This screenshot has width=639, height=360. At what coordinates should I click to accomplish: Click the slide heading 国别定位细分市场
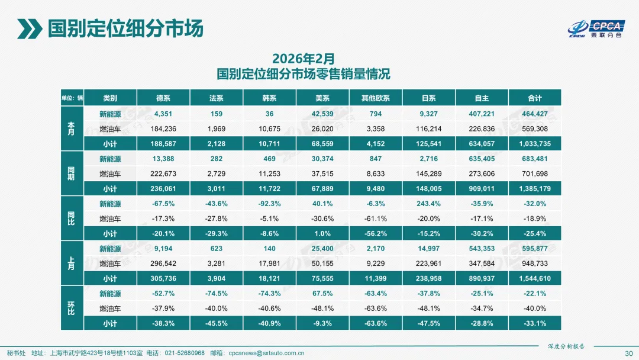[125, 28]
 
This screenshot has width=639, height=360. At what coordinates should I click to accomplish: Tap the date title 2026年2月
[303, 59]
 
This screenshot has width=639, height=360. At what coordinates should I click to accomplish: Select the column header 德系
[163, 98]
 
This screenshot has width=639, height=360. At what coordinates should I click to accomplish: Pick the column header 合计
[534, 98]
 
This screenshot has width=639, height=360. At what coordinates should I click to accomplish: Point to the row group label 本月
[72, 128]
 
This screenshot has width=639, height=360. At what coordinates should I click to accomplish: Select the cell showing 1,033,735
[534, 143]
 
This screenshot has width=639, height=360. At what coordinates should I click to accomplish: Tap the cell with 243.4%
[428, 204]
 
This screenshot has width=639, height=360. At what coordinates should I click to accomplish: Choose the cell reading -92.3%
[269, 204]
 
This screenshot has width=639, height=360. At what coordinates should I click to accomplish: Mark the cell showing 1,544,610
[534, 279]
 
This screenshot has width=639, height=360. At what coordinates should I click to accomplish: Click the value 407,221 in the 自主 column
[481, 113]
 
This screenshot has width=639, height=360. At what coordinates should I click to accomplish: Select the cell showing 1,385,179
[534, 189]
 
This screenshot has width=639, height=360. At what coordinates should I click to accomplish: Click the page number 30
[628, 353]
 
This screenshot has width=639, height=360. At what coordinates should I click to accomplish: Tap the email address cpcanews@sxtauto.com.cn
[267, 353]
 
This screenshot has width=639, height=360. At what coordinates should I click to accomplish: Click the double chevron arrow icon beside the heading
[28, 28]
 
